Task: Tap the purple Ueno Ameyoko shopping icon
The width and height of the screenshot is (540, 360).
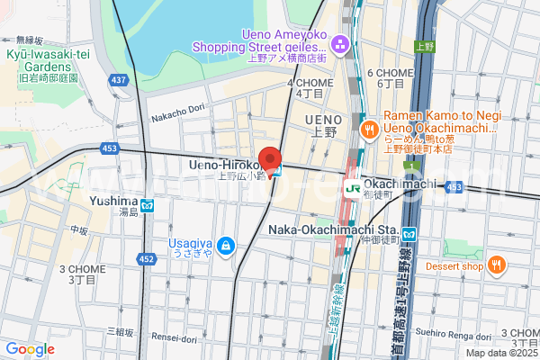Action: click(x=341, y=42)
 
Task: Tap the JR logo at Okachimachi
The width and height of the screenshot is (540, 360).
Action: click(x=355, y=188)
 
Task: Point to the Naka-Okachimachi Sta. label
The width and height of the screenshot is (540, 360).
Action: click(x=333, y=229)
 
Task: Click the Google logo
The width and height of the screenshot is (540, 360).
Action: click(x=30, y=348)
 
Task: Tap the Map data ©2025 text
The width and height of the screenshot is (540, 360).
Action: click(x=499, y=352)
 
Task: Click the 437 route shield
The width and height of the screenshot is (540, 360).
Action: click(x=118, y=80)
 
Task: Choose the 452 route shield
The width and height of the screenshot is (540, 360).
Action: click(x=147, y=259)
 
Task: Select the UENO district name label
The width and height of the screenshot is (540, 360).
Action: click(x=323, y=120)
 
